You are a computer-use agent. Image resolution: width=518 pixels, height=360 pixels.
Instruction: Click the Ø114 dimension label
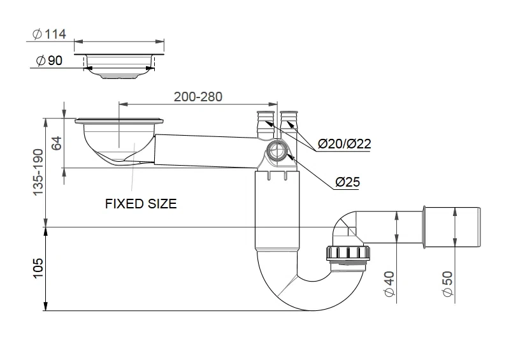[x=50, y=34]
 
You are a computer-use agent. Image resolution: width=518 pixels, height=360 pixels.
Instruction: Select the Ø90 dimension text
[x=49, y=61]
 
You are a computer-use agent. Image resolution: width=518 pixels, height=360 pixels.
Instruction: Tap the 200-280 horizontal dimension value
[x=198, y=97]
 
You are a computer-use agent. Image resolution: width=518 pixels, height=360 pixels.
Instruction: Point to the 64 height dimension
[x=57, y=143]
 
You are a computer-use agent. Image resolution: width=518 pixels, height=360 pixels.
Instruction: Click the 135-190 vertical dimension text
[x=38, y=172]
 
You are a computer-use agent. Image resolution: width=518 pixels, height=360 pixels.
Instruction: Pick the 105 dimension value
[x=38, y=268]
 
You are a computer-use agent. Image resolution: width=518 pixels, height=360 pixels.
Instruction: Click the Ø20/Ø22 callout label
[x=344, y=143]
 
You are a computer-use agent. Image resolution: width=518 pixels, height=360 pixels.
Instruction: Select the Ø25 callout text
[x=347, y=182]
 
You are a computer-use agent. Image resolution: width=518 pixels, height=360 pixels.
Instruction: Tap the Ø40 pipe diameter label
[x=390, y=284]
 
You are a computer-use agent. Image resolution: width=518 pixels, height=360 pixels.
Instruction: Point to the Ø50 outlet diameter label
[x=448, y=284]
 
